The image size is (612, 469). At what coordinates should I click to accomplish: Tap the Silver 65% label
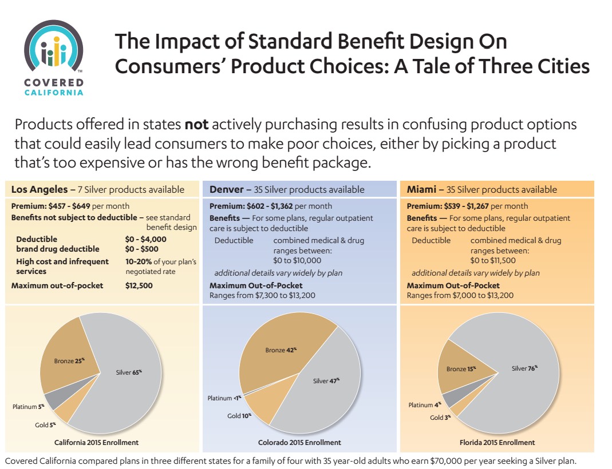(x=128, y=372)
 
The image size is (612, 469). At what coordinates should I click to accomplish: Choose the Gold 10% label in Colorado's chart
(x=239, y=416)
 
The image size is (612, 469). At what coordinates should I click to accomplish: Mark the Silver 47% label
(x=326, y=380)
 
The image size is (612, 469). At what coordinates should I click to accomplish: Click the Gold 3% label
(x=440, y=418)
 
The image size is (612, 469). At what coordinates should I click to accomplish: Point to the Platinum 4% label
(x=424, y=405)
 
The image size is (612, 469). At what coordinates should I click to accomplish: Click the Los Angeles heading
(x=40, y=189)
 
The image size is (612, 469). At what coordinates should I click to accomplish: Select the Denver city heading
(x=227, y=189)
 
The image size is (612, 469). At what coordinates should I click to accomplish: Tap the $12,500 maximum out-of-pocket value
(x=139, y=285)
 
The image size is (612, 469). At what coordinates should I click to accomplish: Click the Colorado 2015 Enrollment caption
(x=299, y=442)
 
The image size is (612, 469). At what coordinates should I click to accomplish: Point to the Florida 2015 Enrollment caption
(x=497, y=442)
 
